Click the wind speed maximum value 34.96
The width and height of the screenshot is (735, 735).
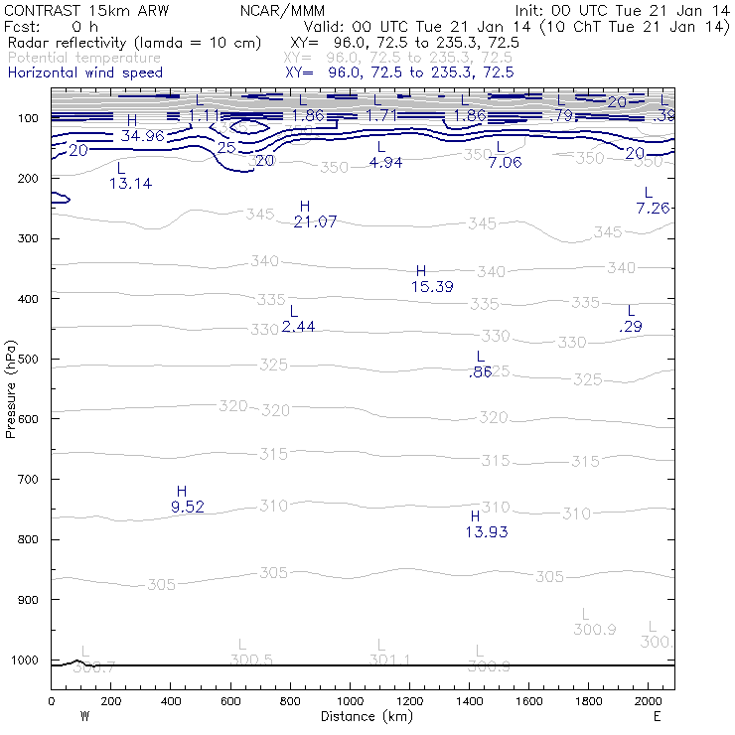[142, 135]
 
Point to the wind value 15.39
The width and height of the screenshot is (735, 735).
[432, 286]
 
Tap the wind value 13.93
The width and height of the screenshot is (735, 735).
[487, 532]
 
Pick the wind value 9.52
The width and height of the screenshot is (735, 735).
[188, 507]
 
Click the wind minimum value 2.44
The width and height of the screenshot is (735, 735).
[298, 326]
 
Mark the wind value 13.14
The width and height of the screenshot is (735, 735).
[130, 184]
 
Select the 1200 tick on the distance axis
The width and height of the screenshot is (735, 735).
[409, 701]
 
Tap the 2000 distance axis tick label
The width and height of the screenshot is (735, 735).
[649, 701]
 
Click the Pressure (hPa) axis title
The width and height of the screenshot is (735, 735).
[11, 388]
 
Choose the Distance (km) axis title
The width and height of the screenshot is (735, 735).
[363, 716]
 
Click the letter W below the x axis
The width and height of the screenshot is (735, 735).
[85, 716]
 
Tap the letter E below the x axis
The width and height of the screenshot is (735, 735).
[657, 716]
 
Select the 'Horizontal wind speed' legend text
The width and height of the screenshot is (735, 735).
[84, 73]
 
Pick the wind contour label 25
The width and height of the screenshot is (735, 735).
[226, 147]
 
